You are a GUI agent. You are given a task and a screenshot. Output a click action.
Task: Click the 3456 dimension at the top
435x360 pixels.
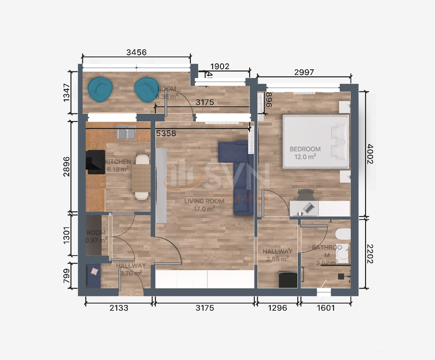136,52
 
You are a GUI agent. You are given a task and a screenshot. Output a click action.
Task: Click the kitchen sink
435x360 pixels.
126,133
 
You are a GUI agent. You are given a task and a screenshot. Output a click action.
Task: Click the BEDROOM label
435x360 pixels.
305,149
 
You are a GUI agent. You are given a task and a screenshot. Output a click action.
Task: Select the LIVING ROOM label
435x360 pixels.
204,201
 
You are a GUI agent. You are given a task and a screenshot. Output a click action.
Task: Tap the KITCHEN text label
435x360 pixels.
118,162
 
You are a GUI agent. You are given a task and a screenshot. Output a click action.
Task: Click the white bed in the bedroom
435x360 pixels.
315,142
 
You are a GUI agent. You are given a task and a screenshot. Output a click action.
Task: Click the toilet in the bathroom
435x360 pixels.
343,234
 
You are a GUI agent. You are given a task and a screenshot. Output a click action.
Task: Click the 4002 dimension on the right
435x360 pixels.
370,154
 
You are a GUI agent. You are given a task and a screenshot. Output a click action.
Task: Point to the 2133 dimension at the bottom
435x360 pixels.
119,308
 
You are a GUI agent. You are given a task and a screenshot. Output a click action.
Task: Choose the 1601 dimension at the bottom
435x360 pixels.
325,308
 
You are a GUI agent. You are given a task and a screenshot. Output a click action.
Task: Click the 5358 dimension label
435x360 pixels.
166,133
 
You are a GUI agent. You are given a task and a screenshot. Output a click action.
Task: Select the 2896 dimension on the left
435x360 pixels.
67,166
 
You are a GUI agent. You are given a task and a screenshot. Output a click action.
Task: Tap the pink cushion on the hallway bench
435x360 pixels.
95,271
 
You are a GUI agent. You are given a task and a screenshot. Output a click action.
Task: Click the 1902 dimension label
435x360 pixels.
220,66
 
